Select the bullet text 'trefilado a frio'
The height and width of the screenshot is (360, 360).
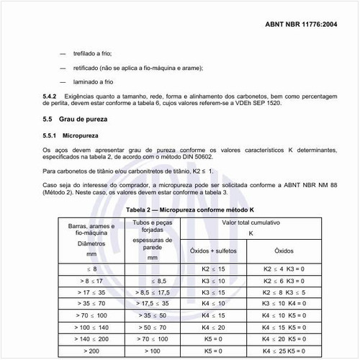91,53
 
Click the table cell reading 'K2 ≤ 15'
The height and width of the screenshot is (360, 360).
213,269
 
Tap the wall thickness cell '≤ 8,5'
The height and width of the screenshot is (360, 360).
152,280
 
